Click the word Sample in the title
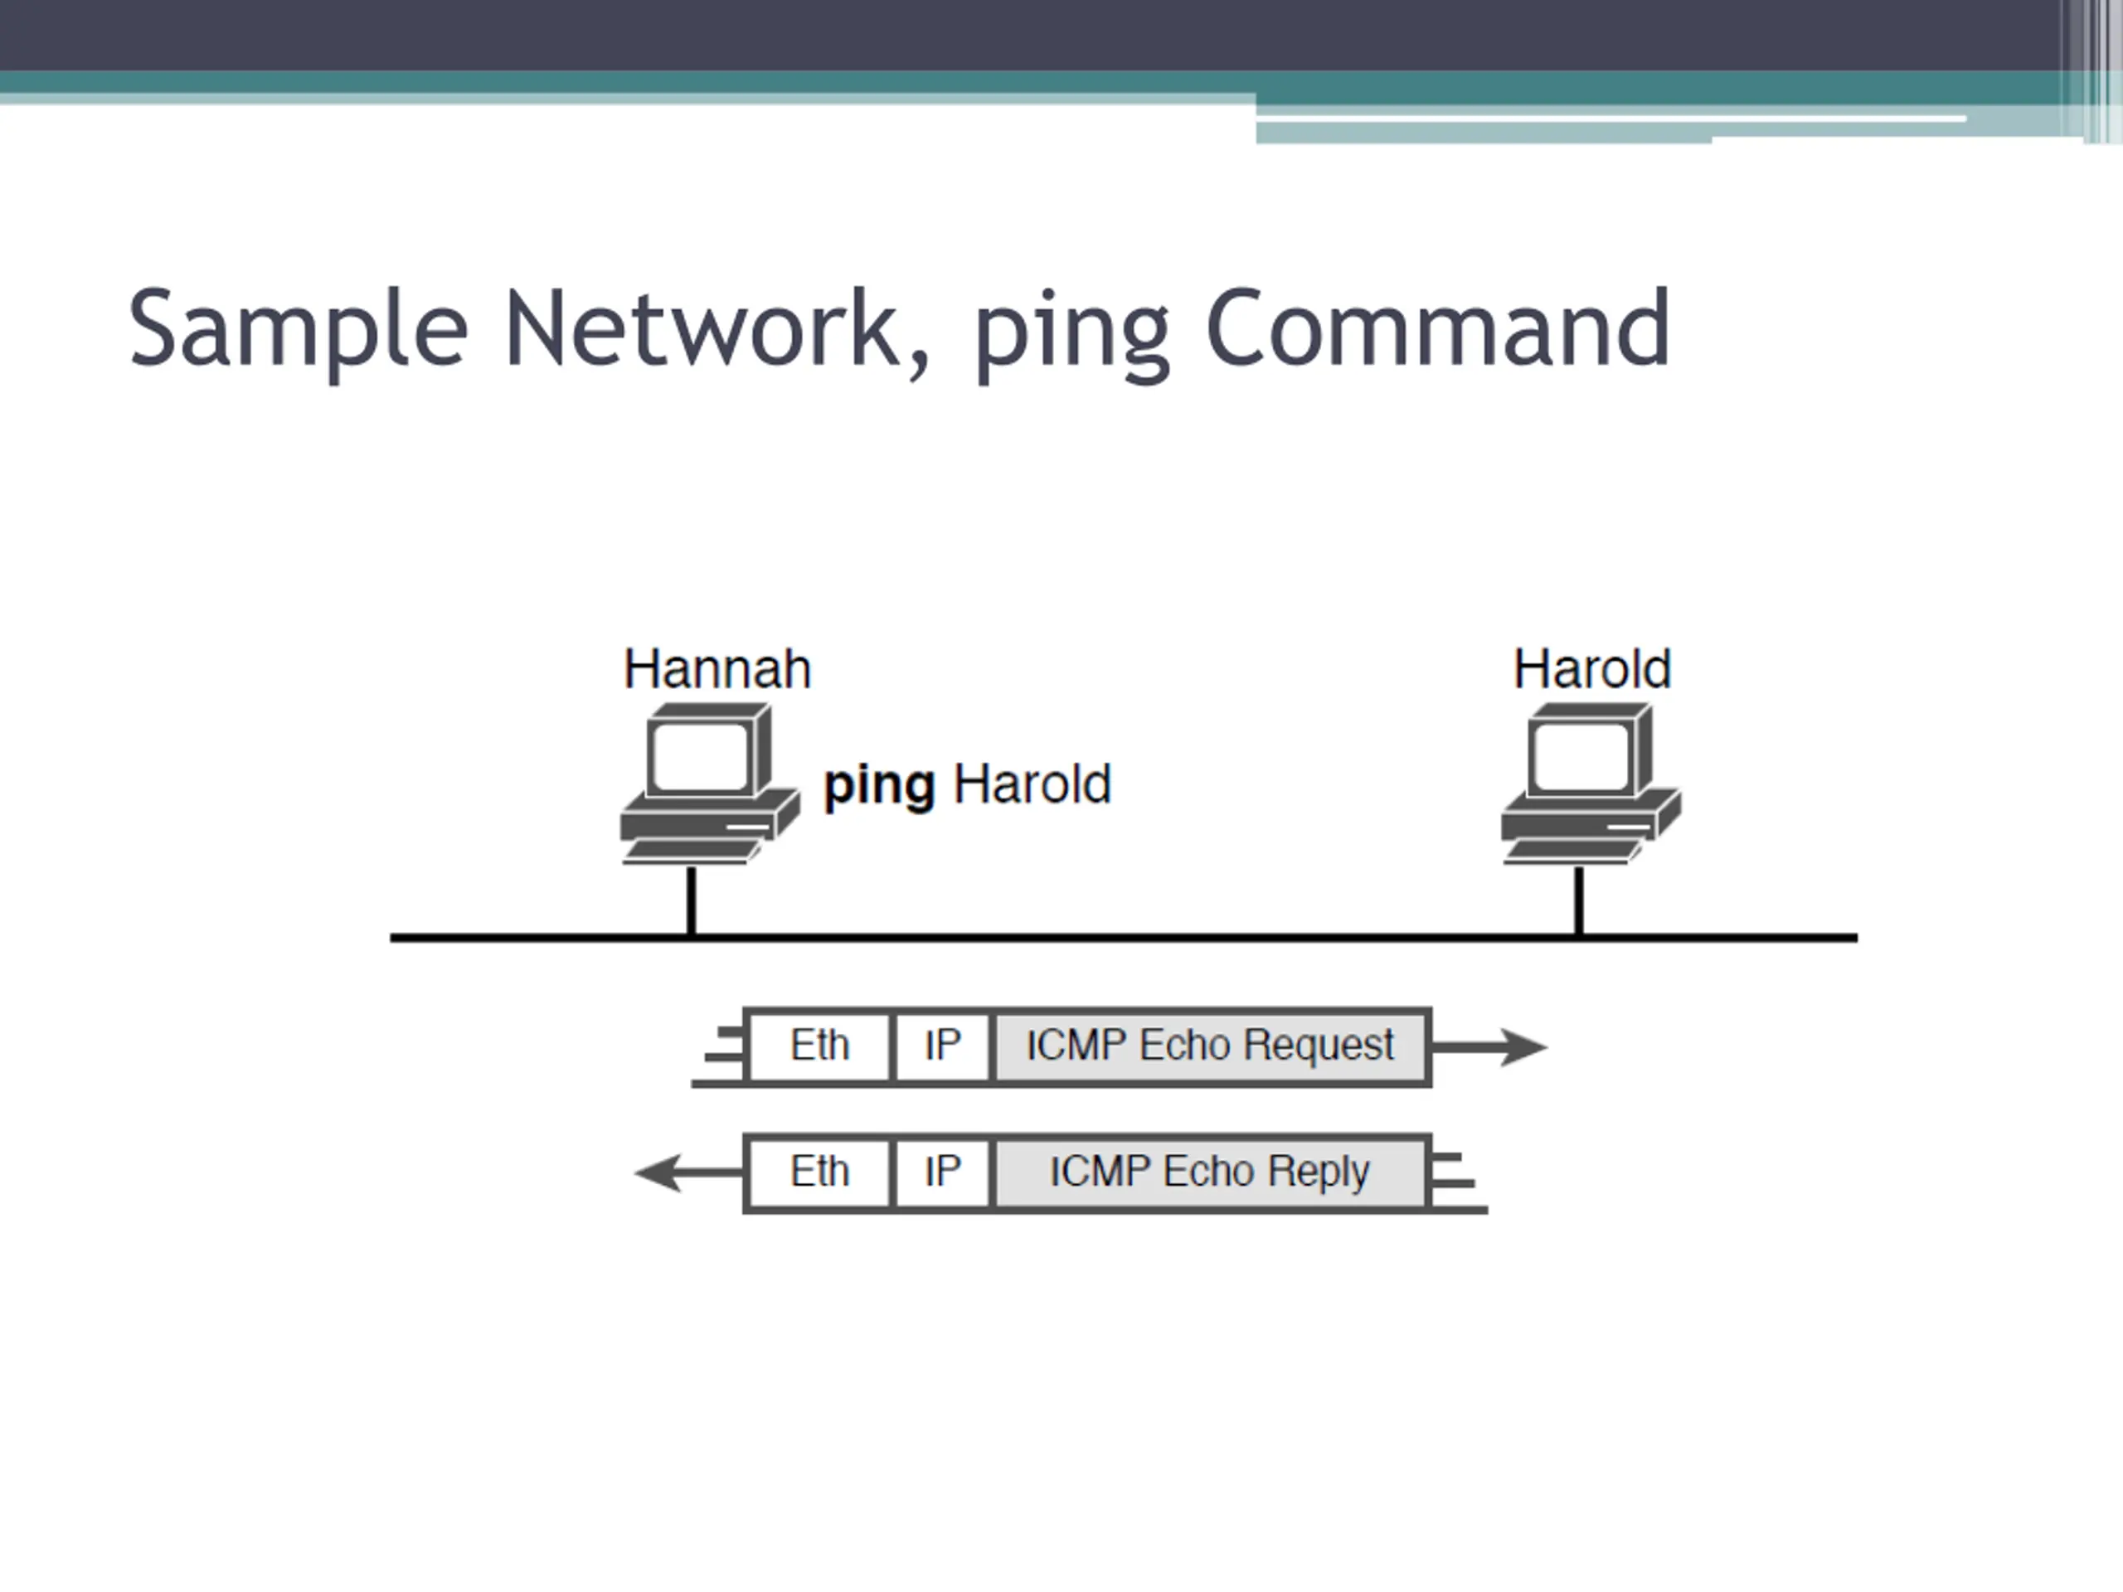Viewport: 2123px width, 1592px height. pyautogui.click(x=299, y=330)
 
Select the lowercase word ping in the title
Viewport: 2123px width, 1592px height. pyautogui.click(x=1071, y=336)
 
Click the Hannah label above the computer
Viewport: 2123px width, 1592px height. pyautogui.click(x=717, y=669)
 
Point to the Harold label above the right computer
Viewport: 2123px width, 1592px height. pyautogui.click(x=1591, y=669)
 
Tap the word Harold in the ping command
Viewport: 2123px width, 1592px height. pyautogui.click(x=1032, y=784)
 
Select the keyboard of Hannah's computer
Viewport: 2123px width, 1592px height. pyautogui.click(x=690, y=852)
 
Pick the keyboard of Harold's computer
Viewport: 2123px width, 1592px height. pyautogui.click(x=1572, y=852)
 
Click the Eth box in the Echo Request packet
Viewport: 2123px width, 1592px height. pyautogui.click(x=819, y=1046)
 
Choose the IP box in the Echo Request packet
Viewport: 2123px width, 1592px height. pyautogui.click(x=942, y=1046)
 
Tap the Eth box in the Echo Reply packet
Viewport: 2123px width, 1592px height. pyautogui.click(x=819, y=1172)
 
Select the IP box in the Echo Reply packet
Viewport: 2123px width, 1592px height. pyautogui.click(x=942, y=1172)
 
